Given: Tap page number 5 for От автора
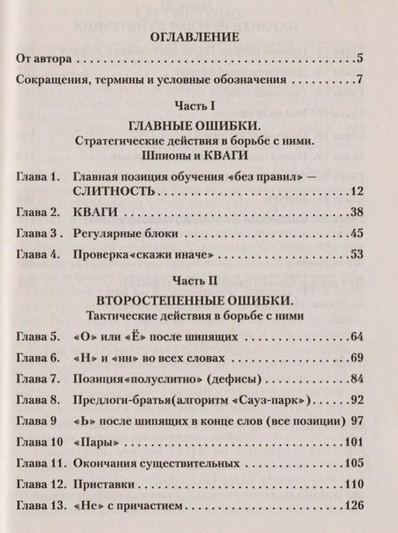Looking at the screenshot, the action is tap(359, 59).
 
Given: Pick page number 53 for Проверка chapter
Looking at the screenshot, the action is tap(356, 255).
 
